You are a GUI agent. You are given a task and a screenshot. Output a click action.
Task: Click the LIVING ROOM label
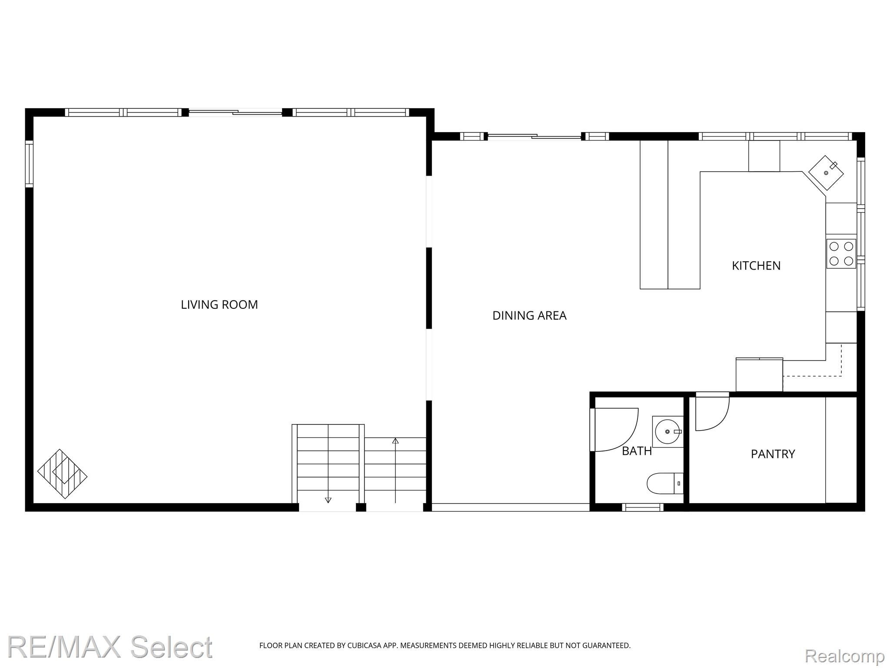click(219, 304)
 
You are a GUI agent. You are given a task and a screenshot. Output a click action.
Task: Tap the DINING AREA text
click(529, 315)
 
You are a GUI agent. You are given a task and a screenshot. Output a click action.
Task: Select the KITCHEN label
click(756, 265)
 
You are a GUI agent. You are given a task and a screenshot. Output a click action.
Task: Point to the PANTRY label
click(773, 454)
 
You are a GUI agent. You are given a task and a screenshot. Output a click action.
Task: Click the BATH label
click(637, 451)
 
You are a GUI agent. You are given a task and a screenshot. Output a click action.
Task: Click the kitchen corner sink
click(826, 173)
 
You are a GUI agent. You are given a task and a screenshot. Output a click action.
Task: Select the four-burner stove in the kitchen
click(841, 254)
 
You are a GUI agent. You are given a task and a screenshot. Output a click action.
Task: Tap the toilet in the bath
click(664, 483)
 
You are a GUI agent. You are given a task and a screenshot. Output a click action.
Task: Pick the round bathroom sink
click(667, 431)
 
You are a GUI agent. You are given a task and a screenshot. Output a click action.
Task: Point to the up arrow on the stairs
click(395, 441)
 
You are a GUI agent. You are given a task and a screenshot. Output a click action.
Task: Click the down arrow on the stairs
click(328, 500)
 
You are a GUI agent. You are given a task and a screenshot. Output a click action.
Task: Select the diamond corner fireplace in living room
click(62, 474)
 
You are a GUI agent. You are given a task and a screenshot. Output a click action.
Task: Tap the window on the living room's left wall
click(29, 164)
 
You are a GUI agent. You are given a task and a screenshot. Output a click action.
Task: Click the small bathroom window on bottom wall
click(642, 507)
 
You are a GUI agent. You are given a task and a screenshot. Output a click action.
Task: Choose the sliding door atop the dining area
click(534, 137)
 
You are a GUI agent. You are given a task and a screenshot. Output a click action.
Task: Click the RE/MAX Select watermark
click(110, 647)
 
